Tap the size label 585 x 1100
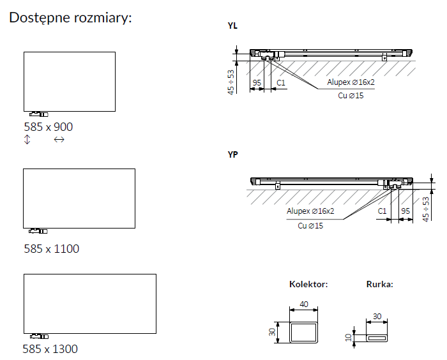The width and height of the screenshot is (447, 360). (51, 248)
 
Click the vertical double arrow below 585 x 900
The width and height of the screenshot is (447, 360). (27, 140)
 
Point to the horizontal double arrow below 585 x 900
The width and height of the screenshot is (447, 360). (59, 140)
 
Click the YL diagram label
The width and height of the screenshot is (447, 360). (232, 26)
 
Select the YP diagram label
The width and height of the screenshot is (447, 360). (232, 155)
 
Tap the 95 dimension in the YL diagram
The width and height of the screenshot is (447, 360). (257, 83)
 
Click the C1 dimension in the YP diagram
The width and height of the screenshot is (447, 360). (383, 211)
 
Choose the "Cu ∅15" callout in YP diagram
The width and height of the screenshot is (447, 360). (310, 225)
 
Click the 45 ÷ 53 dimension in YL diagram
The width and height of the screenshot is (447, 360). (231, 82)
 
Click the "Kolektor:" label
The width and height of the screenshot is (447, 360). (308, 284)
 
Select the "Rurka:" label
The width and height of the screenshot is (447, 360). (379, 284)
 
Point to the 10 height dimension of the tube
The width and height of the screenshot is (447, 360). (349, 336)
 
